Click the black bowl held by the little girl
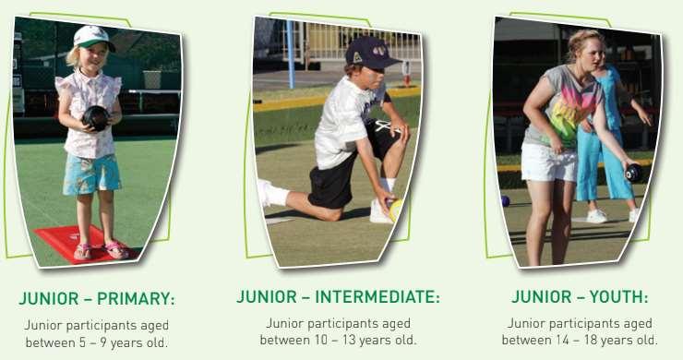[96, 117]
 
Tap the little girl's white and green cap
[92, 37]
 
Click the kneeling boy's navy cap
[372, 53]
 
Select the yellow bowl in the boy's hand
[396, 210]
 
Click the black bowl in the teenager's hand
[633, 173]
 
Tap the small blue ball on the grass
[505, 201]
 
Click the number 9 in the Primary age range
[103, 342]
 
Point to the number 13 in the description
[349, 340]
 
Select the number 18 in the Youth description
[591, 340]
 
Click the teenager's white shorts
[548, 162]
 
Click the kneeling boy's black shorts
[349, 170]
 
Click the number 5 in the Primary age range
[82, 342]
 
